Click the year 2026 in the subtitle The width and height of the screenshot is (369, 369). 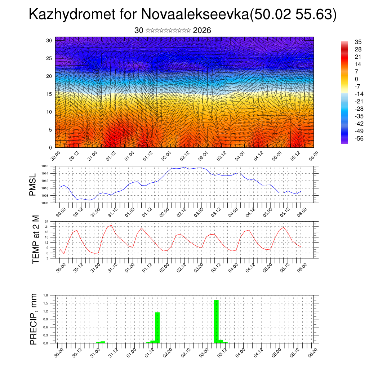[202, 31]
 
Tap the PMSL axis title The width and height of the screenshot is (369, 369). [33, 185]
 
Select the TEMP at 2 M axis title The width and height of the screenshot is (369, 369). [35, 240]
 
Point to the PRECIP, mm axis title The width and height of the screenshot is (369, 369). [33, 319]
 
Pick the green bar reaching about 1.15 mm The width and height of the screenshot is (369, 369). [157, 328]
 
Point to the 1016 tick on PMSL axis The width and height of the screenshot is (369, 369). [45, 166]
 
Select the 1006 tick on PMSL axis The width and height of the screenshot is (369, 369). [45, 203]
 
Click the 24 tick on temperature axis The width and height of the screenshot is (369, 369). [47, 221]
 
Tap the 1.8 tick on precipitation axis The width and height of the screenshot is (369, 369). [46, 295]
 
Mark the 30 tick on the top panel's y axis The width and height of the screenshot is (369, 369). [49, 40]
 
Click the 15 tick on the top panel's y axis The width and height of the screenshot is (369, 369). [49, 94]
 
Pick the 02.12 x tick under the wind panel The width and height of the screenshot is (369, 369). [184, 156]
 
